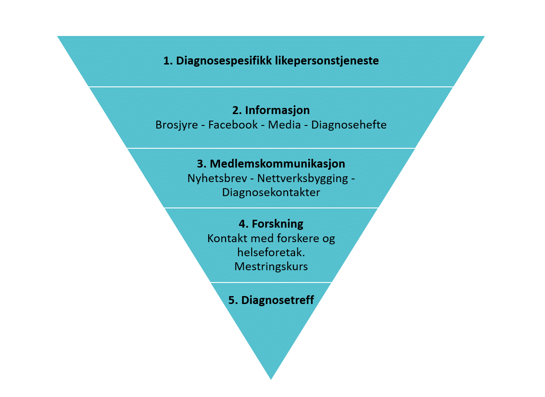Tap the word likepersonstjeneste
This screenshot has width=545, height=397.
(327, 61)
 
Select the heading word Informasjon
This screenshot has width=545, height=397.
(278, 111)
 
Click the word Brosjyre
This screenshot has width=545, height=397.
(177, 125)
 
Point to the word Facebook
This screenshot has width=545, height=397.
(233, 125)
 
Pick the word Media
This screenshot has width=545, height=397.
(284, 125)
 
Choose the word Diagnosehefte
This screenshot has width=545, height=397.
(349, 125)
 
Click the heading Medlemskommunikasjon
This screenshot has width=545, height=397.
(278, 164)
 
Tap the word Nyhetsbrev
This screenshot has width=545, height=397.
(217, 179)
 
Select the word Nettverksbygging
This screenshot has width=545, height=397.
(303, 179)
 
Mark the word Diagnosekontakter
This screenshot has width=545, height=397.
(271, 193)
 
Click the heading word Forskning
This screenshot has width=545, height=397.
(278, 224)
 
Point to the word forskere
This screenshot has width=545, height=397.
(298, 238)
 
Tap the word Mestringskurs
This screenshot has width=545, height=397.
(271, 267)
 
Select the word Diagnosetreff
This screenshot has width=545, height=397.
(278, 300)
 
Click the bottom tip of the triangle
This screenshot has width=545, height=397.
(271, 379)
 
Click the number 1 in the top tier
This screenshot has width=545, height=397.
(166, 61)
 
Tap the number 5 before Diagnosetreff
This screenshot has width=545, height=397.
(231, 300)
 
